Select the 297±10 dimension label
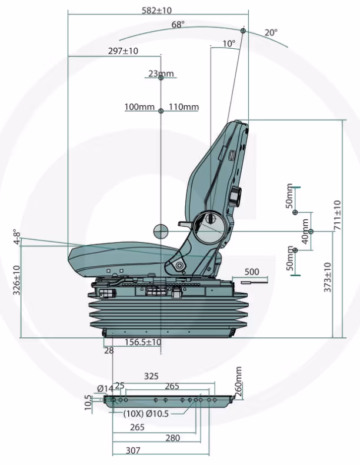pyautogui.click(x=124, y=51)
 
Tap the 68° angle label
pyautogui.click(x=178, y=25)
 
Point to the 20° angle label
pyautogui.click(x=271, y=33)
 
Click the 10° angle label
pyautogui.click(x=229, y=44)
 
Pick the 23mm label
pyautogui.click(x=161, y=73)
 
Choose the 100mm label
pyautogui.click(x=139, y=107)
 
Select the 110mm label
pyautogui.click(x=184, y=107)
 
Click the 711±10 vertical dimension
pyautogui.click(x=337, y=215)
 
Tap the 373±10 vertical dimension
pyautogui.click(x=327, y=276)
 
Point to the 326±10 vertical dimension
pyautogui.click(x=16, y=281)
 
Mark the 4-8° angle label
pyautogui.click(x=17, y=237)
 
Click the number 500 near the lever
pyautogui.click(x=251, y=272)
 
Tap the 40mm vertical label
pyautogui.click(x=305, y=232)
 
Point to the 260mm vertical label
pyautogui.click(x=238, y=381)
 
